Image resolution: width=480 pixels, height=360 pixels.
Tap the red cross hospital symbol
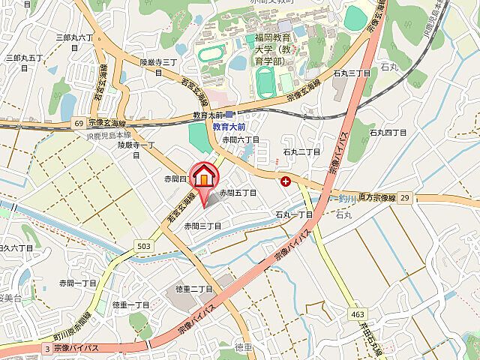point(286,181)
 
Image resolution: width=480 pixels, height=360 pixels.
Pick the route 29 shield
point(405,196)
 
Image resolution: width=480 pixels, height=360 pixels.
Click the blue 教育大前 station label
point(229,127)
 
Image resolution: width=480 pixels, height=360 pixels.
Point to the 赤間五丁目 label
point(238,193)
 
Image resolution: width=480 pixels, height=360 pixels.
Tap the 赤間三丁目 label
point(203,226)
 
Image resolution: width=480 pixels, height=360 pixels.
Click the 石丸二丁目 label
point(301,152)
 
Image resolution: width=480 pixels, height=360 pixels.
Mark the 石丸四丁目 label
point(388,133)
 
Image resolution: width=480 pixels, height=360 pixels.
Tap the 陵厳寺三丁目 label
point(158,67)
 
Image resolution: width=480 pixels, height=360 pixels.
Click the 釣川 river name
point(346,198)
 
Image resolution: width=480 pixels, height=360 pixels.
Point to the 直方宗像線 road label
point(376,197)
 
